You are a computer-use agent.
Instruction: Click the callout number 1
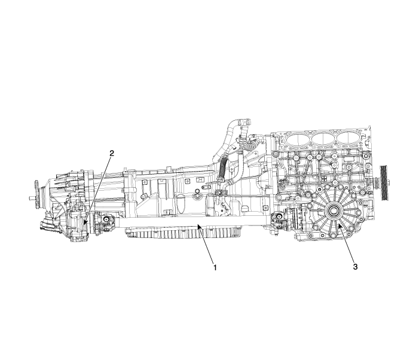(215, 267)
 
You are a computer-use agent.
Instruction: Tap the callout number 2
(112, 154)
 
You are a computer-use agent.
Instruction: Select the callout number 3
(355, 267)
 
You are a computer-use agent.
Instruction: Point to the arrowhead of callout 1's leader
(199, 227)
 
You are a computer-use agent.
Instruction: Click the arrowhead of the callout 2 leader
(85, 222)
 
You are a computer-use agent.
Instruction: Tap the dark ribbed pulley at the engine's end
(384, 182)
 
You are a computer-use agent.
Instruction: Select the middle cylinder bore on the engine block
(323, 139)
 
